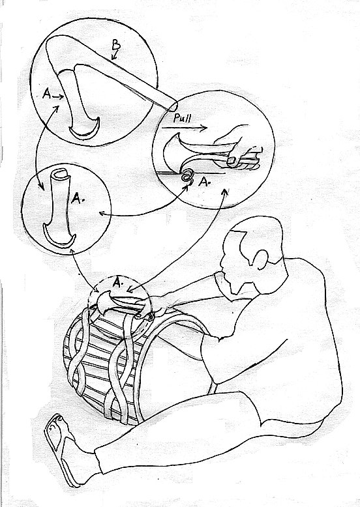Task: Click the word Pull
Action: click(182, 118)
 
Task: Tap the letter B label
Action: click(116, 46)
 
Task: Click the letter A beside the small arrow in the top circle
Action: click(47, 94)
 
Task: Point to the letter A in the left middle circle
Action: click(77, 198)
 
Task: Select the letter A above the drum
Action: click(118, 283)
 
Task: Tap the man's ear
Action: click(260, 259)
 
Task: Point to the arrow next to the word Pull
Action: click(185, 128)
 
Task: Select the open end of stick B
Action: click(173, 107)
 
